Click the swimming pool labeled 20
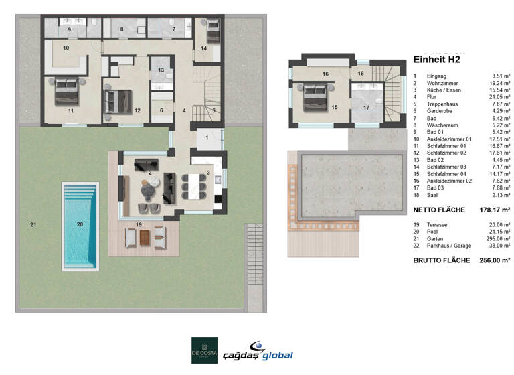point(80,225)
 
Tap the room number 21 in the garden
point(32,224)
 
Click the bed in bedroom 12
point(118,100)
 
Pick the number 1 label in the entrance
point(207,137)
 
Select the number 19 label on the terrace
point(139,224)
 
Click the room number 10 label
point(66,48)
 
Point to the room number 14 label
point(203,48)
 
